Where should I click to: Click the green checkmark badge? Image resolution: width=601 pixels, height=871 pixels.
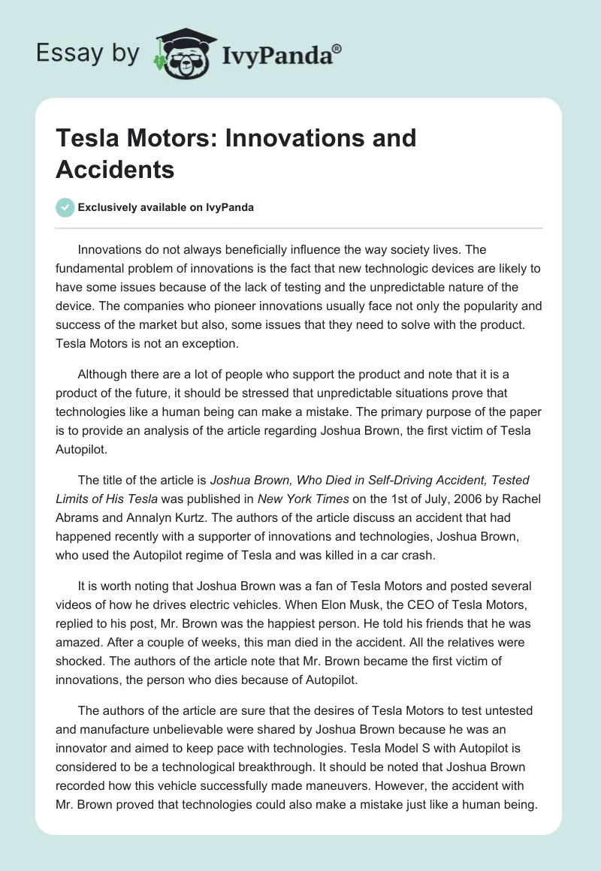(65, 207)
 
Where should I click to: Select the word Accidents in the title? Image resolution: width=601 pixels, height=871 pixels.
(115, 169)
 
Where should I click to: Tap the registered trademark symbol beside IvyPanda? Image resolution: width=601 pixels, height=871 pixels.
(337, 47)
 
